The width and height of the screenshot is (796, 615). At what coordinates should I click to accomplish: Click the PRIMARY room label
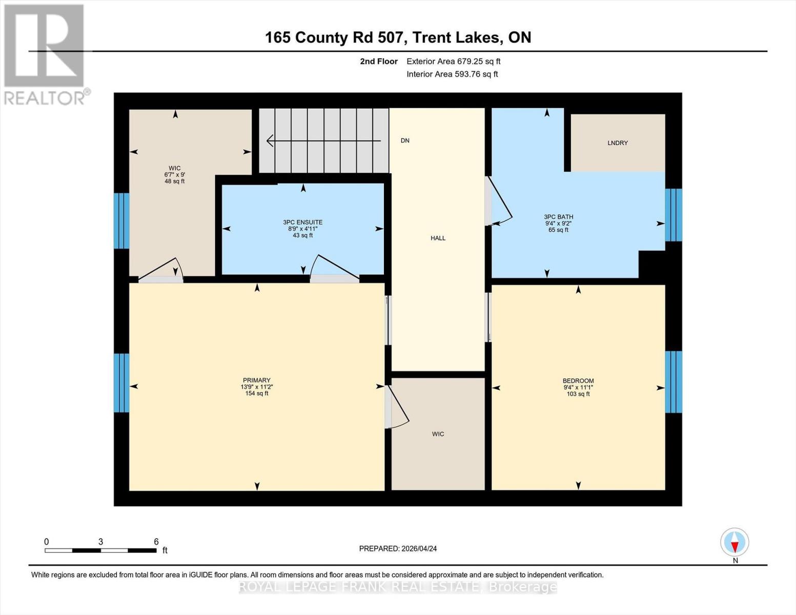point(256,380)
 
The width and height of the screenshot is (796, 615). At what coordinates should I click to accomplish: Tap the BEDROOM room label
point(578,381)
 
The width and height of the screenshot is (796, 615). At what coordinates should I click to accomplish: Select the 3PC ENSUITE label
point(302,222)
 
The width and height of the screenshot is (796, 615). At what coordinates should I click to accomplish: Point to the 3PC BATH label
point(558,217)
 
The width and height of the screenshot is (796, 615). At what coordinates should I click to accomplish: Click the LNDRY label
point(617,143)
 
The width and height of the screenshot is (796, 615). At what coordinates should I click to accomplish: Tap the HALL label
point(438,238)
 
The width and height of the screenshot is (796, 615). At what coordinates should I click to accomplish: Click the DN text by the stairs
point(405,140)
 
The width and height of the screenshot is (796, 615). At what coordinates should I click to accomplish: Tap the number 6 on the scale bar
point(156,542)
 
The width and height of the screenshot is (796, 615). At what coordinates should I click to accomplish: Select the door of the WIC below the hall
point(397,407)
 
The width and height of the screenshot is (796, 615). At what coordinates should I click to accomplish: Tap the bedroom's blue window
point(673,382)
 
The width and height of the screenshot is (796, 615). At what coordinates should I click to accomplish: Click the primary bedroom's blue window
point(121,383)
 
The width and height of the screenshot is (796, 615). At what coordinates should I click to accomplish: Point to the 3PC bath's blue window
point(673,215)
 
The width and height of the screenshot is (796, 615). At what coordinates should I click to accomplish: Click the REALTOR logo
point(45,54)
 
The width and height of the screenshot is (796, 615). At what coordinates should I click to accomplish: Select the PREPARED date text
point(398,548)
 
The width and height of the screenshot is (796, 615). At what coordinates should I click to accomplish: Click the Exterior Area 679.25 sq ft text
point(453,61)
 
